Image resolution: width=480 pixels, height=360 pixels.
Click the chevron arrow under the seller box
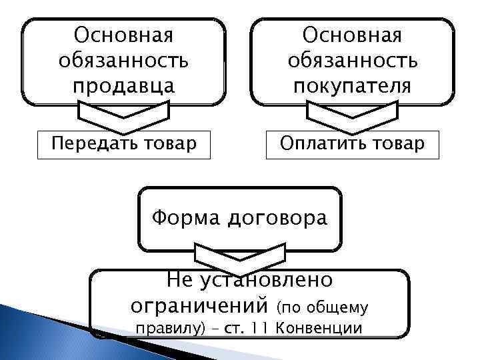(123, 115)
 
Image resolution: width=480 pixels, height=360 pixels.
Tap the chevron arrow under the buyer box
(353, 115)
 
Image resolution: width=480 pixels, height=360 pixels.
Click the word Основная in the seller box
(123, 33)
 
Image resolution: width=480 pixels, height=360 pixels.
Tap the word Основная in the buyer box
(353, 33)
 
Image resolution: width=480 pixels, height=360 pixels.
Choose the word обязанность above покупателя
(353, 61)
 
